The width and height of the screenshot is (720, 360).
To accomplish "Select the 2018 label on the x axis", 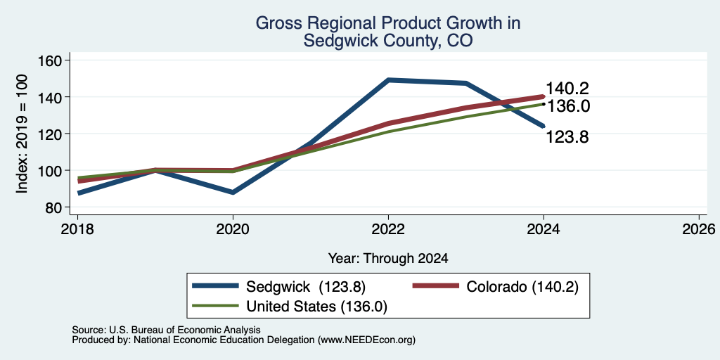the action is (77, 229).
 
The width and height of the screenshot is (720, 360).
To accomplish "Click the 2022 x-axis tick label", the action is (388, 229).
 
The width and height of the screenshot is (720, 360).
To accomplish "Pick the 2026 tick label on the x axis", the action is (699, 229).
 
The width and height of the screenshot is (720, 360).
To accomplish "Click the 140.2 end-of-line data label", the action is (567, 89).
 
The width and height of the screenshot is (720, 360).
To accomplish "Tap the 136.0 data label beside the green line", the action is (568, 107).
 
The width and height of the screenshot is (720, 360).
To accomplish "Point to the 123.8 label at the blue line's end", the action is (567, 137).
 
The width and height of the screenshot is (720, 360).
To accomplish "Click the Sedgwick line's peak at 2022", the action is (388, 80).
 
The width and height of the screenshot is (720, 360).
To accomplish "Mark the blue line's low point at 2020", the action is (233, 193).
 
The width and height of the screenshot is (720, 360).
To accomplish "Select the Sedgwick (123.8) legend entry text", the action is (306, 287).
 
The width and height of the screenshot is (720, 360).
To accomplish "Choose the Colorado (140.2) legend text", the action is (522, 287).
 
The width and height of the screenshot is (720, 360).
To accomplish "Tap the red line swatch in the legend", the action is (436, 286).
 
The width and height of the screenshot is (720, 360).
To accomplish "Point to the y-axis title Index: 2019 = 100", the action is (22, 134).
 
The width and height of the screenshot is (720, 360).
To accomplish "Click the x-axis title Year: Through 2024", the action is (388, 259).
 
